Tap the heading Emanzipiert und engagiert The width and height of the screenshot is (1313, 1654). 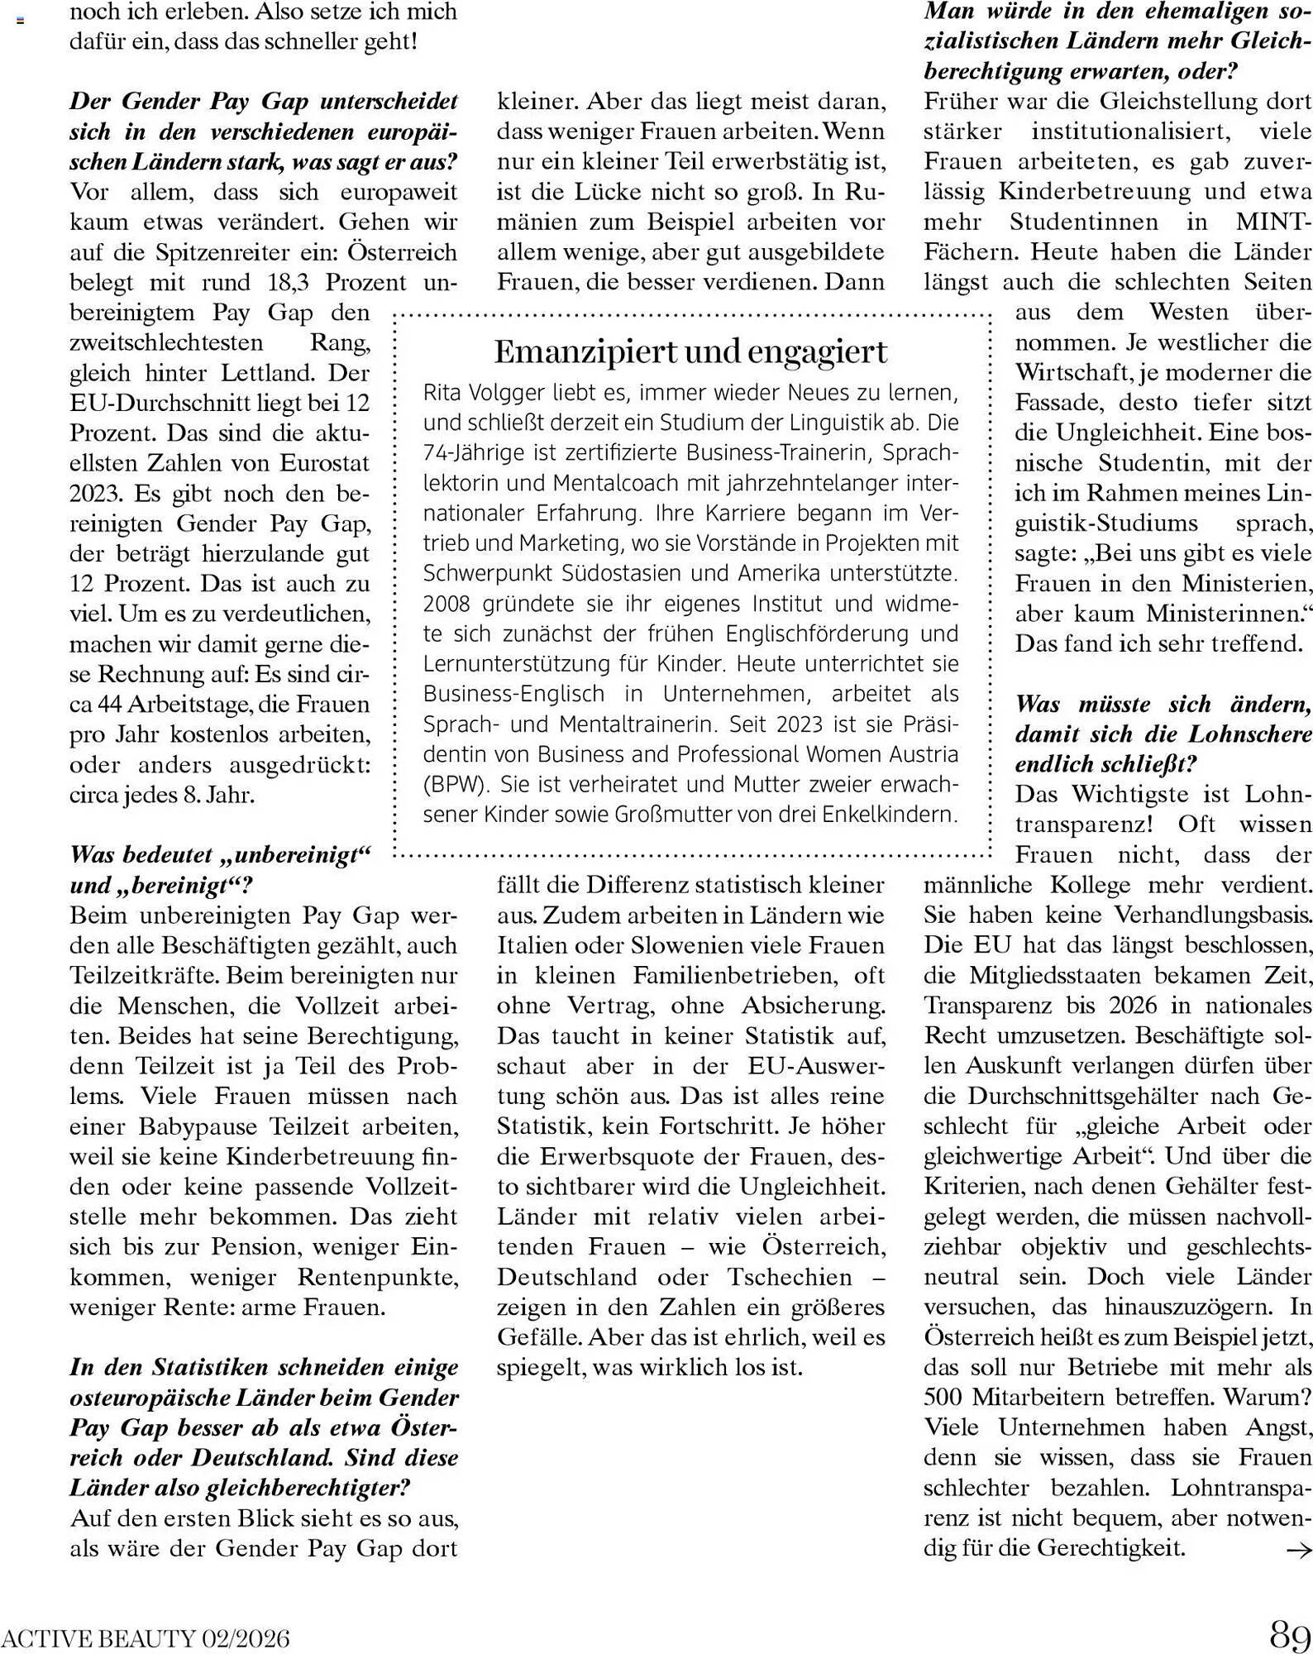click(x=690, y=351)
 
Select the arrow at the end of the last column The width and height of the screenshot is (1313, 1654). click(x=1298, y=1547)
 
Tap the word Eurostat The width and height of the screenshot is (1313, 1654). click(x=324, y=463)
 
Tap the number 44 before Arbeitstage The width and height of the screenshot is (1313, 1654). click(x=112, y=705)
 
